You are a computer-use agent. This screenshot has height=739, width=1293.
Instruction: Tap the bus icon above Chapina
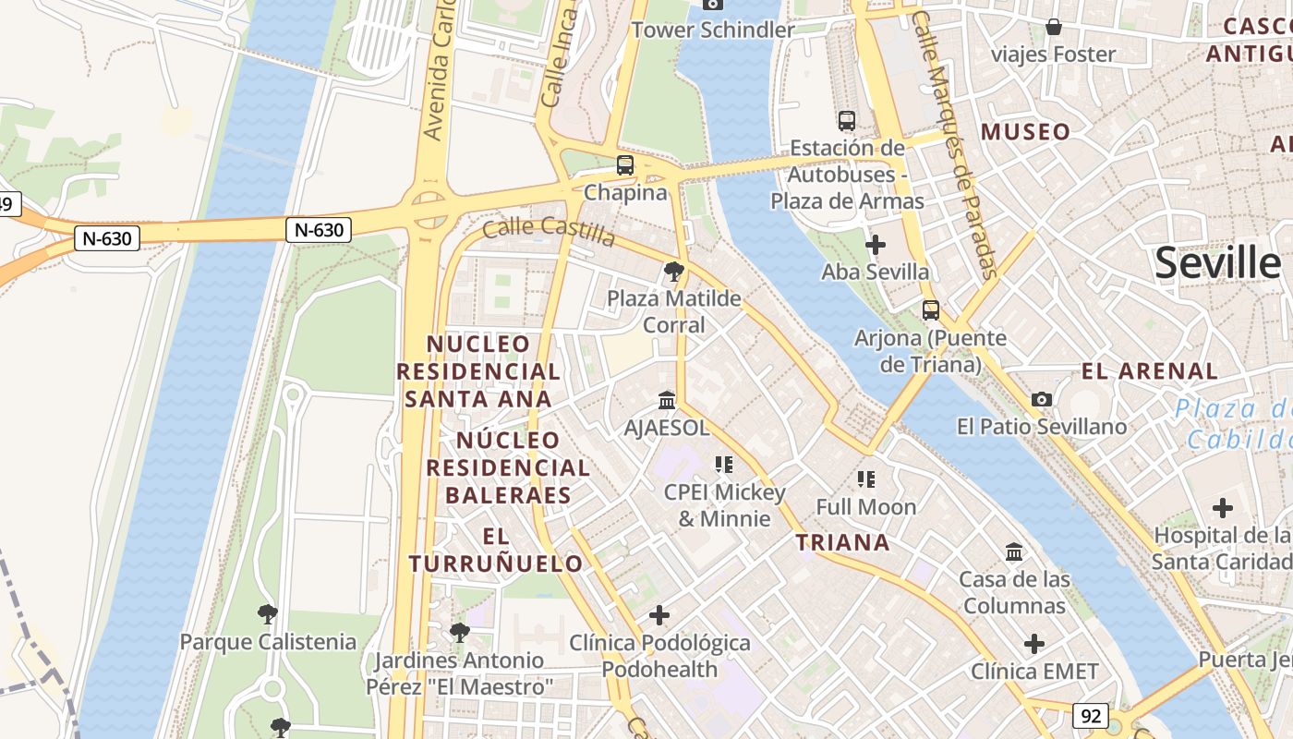tap(625, 165)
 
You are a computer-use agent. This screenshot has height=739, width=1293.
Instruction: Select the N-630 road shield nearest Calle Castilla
tap(319, 230)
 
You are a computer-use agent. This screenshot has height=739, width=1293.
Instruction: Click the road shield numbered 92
tap(1091, 715)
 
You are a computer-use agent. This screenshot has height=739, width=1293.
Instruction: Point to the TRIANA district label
tap(843, 542)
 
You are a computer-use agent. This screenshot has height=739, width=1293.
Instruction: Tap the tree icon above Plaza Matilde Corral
tap(674, 272)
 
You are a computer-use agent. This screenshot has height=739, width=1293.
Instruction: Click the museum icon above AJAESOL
tap(667, 400)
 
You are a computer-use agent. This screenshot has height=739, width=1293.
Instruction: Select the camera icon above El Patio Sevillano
tap(1042, 399)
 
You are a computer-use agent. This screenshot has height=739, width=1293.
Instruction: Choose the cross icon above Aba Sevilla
tap(875, 245)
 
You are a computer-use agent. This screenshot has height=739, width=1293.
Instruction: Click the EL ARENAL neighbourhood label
tap(1150, 371)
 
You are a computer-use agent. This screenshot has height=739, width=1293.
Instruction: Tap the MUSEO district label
tap(1025, 132)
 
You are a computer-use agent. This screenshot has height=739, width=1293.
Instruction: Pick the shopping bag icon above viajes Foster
tap(1053, 27)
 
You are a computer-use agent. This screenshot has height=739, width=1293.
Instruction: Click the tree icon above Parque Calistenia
tap(267, 613)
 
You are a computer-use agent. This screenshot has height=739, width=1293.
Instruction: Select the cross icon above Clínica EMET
tap(1034, 644)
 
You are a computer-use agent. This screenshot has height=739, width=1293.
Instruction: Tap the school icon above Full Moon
tap(865, 479)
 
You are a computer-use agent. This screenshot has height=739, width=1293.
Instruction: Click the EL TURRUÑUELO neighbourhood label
tap(496, 550)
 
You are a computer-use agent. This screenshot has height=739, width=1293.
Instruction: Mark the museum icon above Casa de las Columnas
tap(1014, 552)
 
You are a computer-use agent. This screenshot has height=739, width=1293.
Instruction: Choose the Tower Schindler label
tap(712, 30)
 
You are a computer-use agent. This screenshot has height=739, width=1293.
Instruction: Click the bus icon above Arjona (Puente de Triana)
tap(930, 310)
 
